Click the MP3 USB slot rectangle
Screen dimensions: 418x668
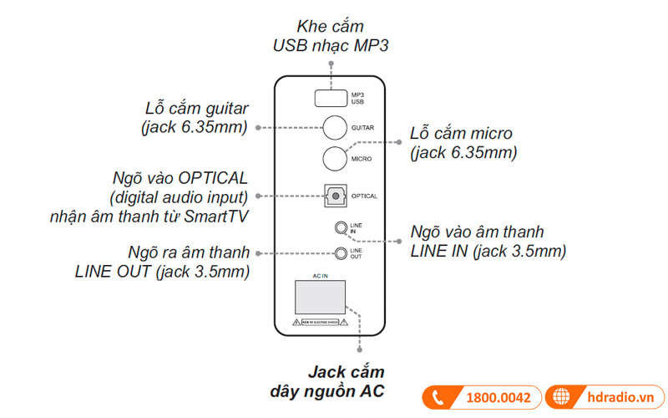tap(331, 99)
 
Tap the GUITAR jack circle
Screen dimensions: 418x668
tap(336, 127)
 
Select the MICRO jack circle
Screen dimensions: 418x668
tap(336, 158)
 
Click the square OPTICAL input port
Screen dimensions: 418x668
tap(336, 196)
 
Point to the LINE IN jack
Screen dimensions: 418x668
tap(341, 227)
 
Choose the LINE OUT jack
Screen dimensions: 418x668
tap(341, 253)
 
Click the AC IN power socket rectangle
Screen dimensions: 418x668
tap(322, 299)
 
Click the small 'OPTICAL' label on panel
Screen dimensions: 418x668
tap(365, 196)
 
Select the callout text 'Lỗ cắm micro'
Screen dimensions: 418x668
tap(461, 134)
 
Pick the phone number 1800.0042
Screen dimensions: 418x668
tap(498, 398)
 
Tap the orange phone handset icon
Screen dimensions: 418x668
tap(438, 398)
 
